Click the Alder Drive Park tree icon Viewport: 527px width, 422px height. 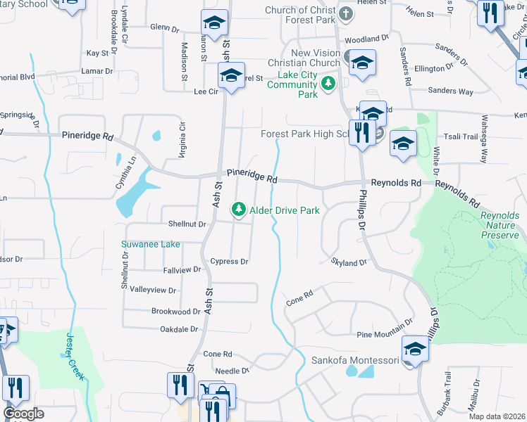tap(239, 210)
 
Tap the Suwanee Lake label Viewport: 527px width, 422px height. tap(150, 244)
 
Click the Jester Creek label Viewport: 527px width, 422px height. tap(75, 356)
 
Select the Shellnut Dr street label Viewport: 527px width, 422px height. tap(187, 224)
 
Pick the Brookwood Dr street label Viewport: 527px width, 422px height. tap(176, 311)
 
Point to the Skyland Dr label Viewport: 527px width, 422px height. tap(349, 262)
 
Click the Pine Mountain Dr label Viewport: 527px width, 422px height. tap(385, 332)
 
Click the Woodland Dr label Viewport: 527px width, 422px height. tap(367, 38)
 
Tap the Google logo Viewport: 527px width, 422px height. tap(23, 414)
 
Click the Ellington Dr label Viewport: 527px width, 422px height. tap(434, 68)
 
